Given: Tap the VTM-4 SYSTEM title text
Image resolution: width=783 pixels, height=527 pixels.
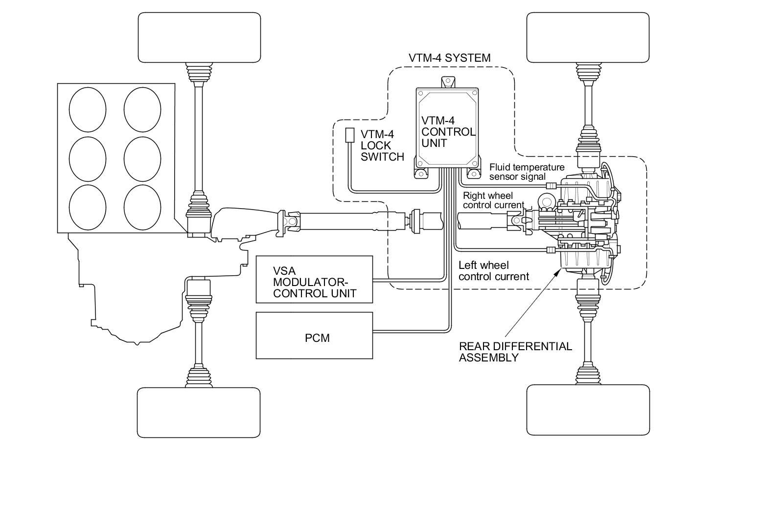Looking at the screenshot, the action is pyautogui.click(x=450, y=58).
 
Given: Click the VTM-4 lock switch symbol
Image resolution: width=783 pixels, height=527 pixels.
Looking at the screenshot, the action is pyautogui.click(x=349, y=135).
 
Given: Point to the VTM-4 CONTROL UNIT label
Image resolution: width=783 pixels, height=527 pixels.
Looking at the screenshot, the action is pyautogui.click(x=448, y=132).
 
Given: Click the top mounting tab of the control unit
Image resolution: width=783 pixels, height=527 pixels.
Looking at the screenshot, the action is pyautogui.click(x=448, y=83).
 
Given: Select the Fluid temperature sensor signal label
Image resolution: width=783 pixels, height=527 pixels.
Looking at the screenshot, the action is pyautogui.click(x=527, y=172).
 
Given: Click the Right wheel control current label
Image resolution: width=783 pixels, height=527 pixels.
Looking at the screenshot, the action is pyautogui.click(x=493, y=200).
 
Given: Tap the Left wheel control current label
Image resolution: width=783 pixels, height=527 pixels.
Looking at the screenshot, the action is pyautogui.click(x=494, y=271).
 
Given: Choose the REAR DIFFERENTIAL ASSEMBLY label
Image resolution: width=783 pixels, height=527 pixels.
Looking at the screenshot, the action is pyautogui.click(x=515, y=352).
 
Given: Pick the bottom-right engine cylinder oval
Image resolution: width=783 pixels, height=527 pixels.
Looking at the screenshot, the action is pyautogui.click(x=142, y=207).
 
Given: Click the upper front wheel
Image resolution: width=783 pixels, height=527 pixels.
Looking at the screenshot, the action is pyautogui.click(x=199, y=37).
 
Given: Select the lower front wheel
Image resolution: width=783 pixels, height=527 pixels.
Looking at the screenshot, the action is pyautogui.click(x=199, y=412).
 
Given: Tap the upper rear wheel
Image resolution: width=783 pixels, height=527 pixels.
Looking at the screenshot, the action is pyautogui.click(x=588, y=37).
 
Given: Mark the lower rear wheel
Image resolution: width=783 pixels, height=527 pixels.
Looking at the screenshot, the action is pyautogui.click(x=588, y=410).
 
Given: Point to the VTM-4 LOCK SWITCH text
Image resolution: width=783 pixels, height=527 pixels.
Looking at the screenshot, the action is pyautogui.click(x=382, y=145).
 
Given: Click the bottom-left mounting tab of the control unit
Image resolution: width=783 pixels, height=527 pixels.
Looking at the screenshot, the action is pyautogui.click(x=421, y=173).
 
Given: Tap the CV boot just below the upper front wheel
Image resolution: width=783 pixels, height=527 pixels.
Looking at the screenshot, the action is pyautogui.click(x=199, y=72).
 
